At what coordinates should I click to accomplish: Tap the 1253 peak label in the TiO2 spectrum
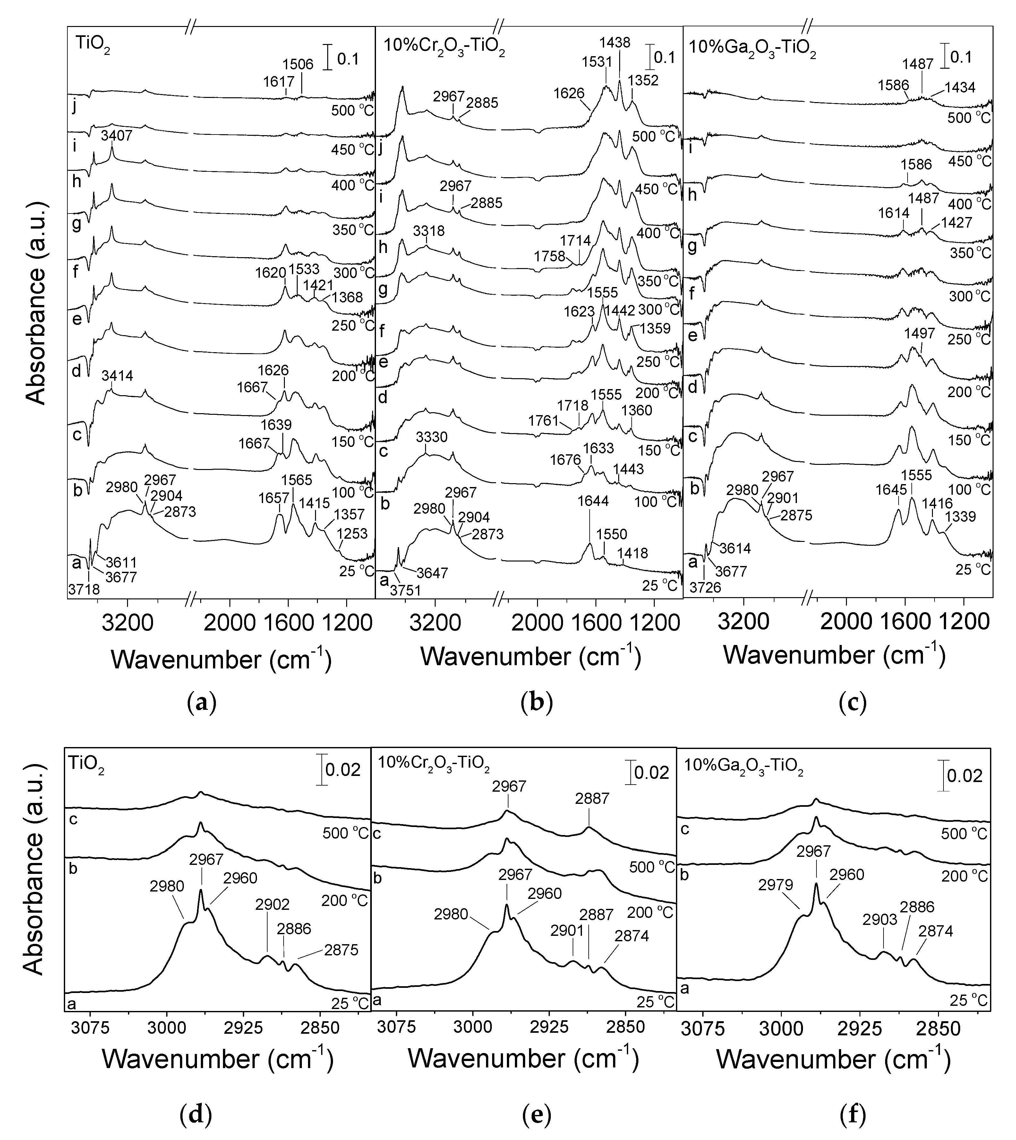(x=352, y=534)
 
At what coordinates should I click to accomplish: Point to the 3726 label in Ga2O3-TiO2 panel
(x=705, y=587)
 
